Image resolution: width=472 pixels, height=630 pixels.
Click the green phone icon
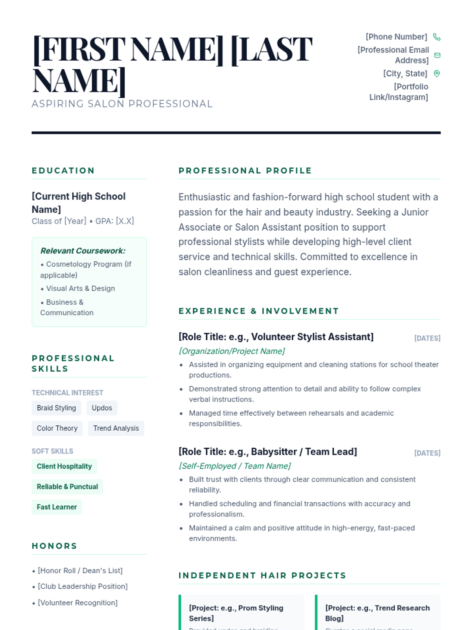click(x=437, y=37)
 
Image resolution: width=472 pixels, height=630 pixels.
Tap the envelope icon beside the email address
click(x=437, y=55)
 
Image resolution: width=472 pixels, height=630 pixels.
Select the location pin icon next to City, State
click(x=437, y=74)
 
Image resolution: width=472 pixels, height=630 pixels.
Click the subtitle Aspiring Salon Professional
click(x=122, y=104)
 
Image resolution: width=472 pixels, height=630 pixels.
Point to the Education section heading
click(x=63, y=170)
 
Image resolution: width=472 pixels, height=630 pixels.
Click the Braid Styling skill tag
click(x=56, y=408)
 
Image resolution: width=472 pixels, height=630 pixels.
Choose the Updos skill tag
click(x=102, y=408)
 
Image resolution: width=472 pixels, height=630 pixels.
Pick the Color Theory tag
click(x=57, y=428)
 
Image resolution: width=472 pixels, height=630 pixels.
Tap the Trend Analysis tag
click(x=116, y=428)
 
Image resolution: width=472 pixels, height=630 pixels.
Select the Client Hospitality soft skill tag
click(x=64, y=467)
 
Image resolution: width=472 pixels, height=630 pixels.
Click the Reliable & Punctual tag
click(x=67, y=487)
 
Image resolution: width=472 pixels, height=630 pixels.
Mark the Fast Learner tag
click(x=57, y=507)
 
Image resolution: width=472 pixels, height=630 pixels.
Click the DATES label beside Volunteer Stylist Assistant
click(x=427, y=338)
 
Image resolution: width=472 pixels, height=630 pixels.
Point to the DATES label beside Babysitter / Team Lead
click(x=427, y=453)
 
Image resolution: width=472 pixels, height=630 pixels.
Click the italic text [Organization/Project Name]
click(x=232, y=351)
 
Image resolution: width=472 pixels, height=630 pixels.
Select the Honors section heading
click(x=55, y=546)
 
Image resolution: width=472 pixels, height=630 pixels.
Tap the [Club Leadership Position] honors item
click(x=83, y=586)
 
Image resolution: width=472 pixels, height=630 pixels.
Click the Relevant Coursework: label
click(x=83, y=251)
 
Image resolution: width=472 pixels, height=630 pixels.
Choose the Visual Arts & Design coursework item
click(x=81, y=289)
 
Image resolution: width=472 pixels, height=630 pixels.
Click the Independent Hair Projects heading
click(x=262, y=576)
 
